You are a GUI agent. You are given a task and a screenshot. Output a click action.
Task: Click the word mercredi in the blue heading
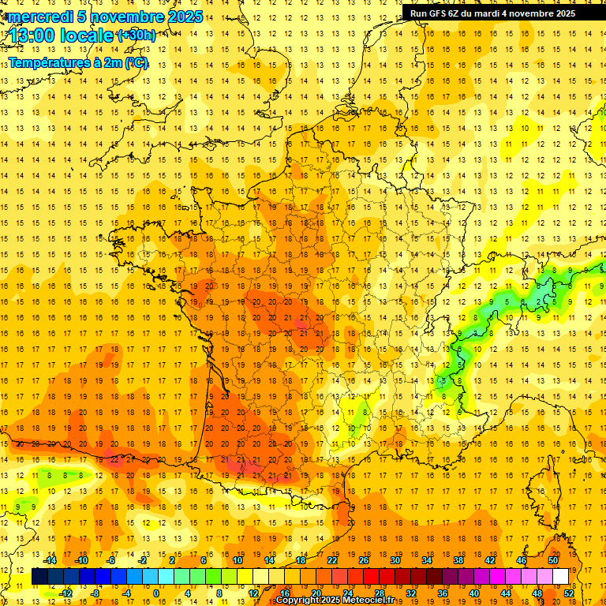point(40,17)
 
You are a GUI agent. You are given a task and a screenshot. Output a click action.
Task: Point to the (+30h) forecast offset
point(136,36)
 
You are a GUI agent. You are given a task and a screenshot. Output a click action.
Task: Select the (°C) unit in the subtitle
point(136,63)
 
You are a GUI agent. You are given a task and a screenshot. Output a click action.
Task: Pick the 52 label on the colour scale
point(569,593)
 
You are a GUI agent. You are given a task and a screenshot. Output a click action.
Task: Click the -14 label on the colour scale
point(50,560)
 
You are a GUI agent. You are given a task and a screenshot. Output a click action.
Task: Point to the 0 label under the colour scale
point(156,593)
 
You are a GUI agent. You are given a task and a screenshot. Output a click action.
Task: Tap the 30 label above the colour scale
point(395,560)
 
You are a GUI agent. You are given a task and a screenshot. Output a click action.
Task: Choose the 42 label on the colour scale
point(489,560)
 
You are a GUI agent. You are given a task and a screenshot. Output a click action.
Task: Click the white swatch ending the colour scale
point(561,577)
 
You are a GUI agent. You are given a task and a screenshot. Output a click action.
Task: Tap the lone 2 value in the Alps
point(539,301)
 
